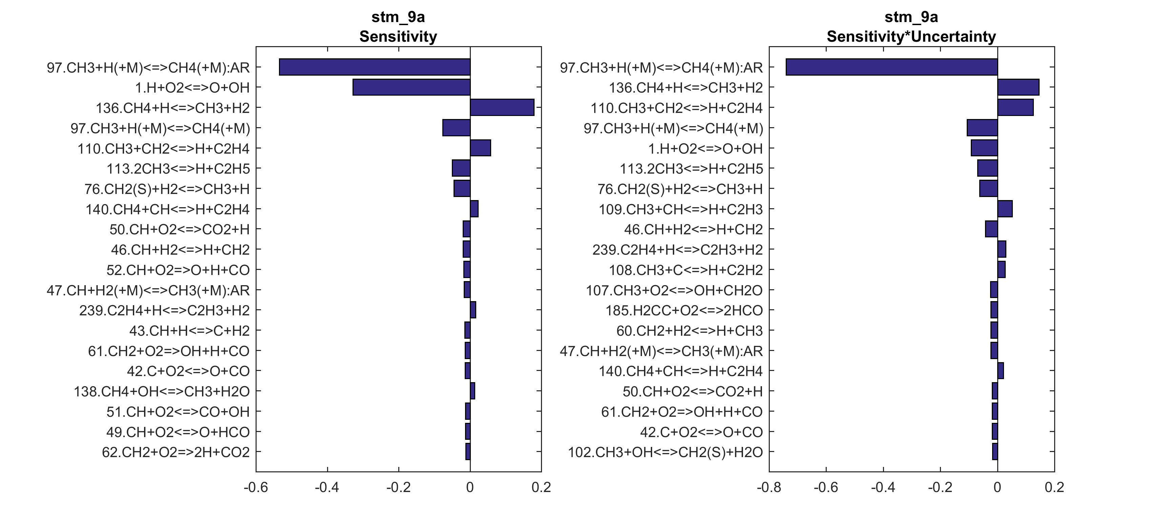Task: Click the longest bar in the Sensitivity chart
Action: pyautogui.click(x=375, y=67)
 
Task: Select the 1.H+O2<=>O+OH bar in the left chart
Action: pyautogui.click(x=411, y=87)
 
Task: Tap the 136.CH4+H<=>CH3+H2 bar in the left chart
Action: pyautogui.click(x=502, y=108)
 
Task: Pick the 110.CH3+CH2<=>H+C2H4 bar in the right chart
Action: pyautogui.click(x=1015, y=108)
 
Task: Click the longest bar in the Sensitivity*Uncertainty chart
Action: pyautogui.click(x=891, y=67)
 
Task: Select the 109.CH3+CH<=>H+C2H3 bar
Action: pyautogui.click(x=1005, y=209)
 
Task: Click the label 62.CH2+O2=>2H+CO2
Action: pyautogui.click(x=176, y=452)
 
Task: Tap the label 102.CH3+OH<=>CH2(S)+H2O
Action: pyautogui.click(x=665, y=452)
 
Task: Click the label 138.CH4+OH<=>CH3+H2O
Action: pyautogui.click(x=161, y=392)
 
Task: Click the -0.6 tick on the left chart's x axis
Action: pyautogui.click(x=256, y=488)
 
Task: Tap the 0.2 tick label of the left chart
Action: pyautogui.click(x=541, y=488)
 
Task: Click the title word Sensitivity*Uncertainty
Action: pyautogui.click(x=911, y=36)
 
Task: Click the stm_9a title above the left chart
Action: pyautogui.click(x=398, y=17)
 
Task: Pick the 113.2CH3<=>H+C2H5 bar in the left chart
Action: pyautogui.click(x=461, y=169)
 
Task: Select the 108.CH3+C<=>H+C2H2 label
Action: pyautogui.click(x=686, y=270)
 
